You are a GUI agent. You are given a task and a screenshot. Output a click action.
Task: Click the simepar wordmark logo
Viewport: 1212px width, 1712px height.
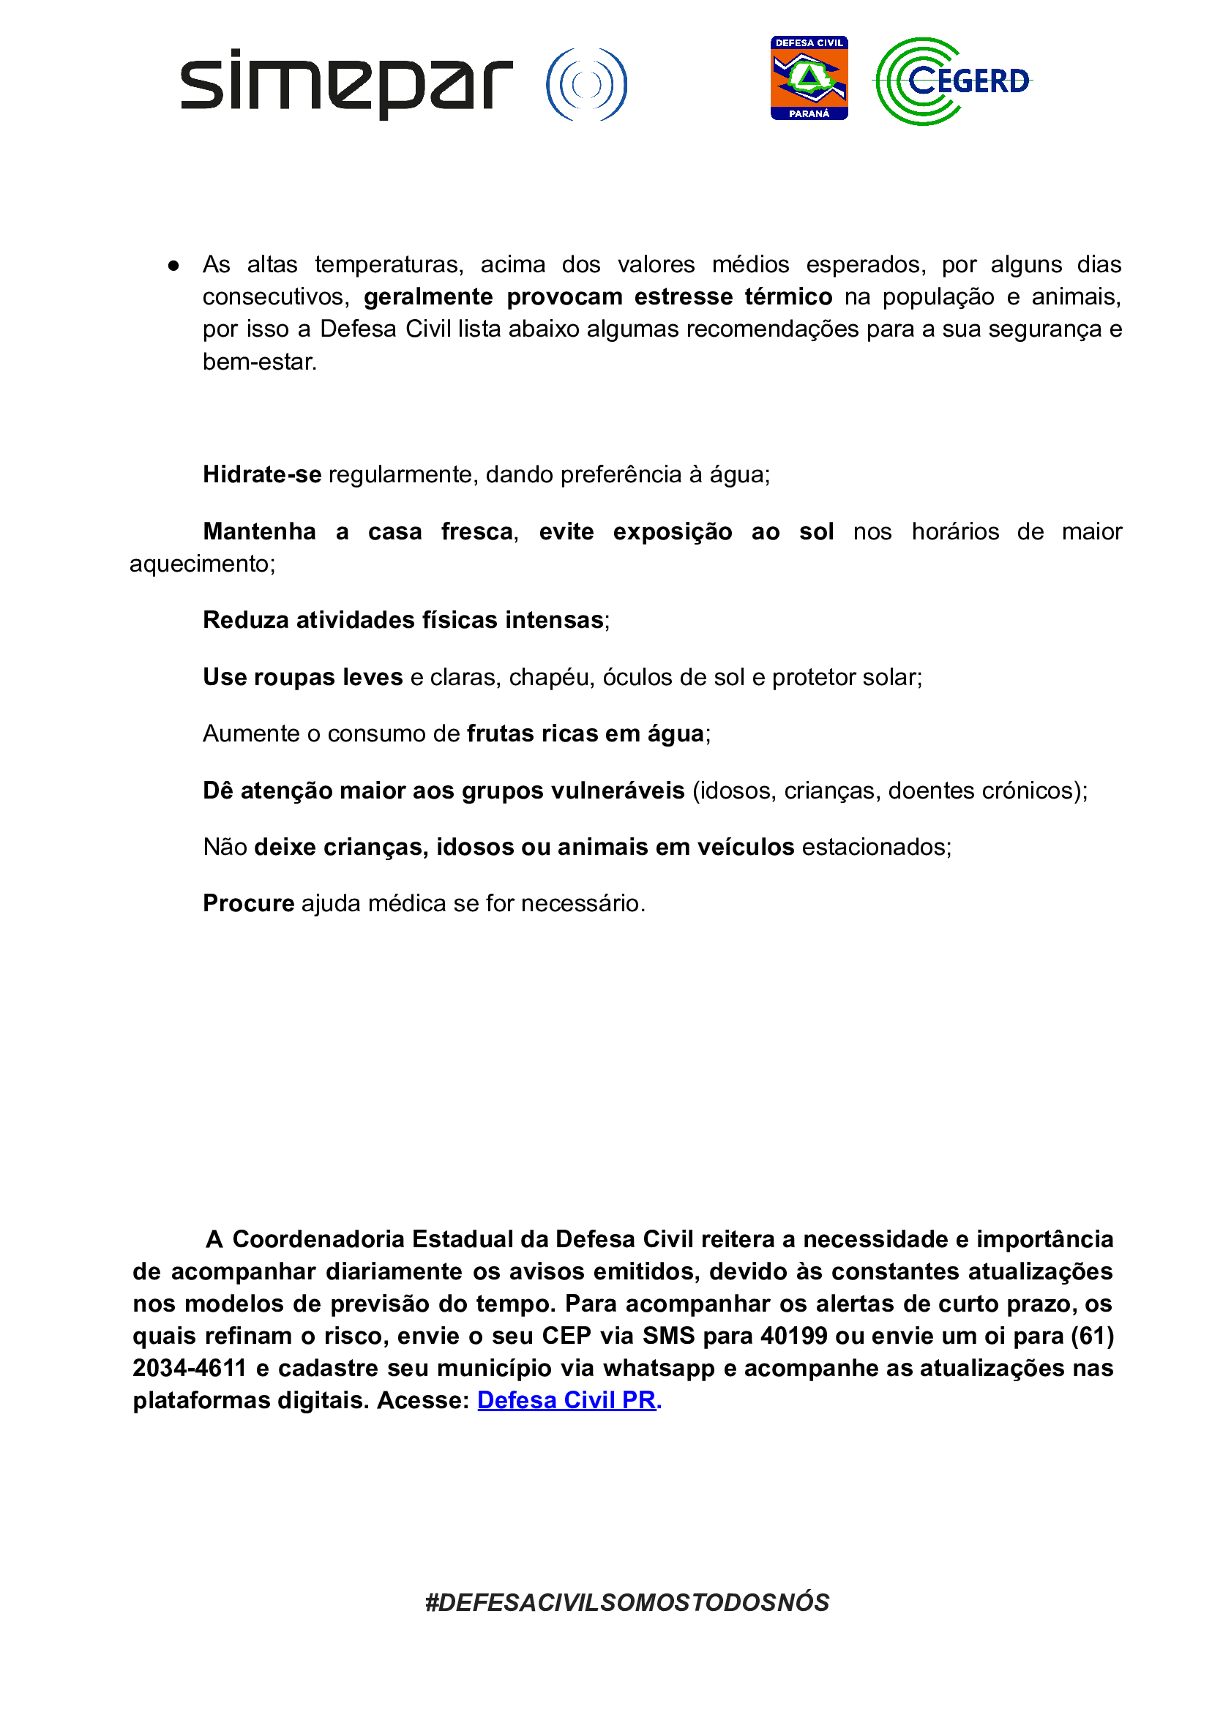tap(346, 83)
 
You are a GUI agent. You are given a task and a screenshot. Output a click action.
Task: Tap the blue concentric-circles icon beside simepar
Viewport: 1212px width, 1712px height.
tap(586, 84)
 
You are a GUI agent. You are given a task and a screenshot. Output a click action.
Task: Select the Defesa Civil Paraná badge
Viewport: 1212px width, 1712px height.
tap(809, 78)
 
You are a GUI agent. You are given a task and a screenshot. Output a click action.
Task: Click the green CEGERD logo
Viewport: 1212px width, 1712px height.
tap(953, 81)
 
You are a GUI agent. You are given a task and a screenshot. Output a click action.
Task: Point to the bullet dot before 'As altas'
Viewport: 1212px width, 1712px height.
tap(173, 266)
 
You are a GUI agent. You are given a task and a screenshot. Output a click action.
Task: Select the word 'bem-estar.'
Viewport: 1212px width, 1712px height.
tap(260, 362)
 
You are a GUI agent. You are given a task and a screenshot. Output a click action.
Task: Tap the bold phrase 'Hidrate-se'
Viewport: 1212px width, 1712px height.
tap(262, 474)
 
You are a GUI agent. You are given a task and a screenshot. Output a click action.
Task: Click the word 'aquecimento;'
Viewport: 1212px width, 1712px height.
tap(202, 564)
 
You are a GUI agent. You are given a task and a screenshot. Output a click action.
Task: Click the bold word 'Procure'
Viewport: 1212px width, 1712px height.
tap(249, 904)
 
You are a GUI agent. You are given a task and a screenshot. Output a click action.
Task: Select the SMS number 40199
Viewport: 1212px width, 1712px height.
tap(793, 1336)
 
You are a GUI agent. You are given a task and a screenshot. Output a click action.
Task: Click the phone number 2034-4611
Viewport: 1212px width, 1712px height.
tap(190, 1368)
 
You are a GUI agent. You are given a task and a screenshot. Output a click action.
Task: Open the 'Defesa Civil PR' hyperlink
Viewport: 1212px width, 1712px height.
tap(566, 1400)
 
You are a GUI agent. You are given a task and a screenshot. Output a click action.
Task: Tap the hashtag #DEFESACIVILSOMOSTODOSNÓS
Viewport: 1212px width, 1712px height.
tap(627, 1602)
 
